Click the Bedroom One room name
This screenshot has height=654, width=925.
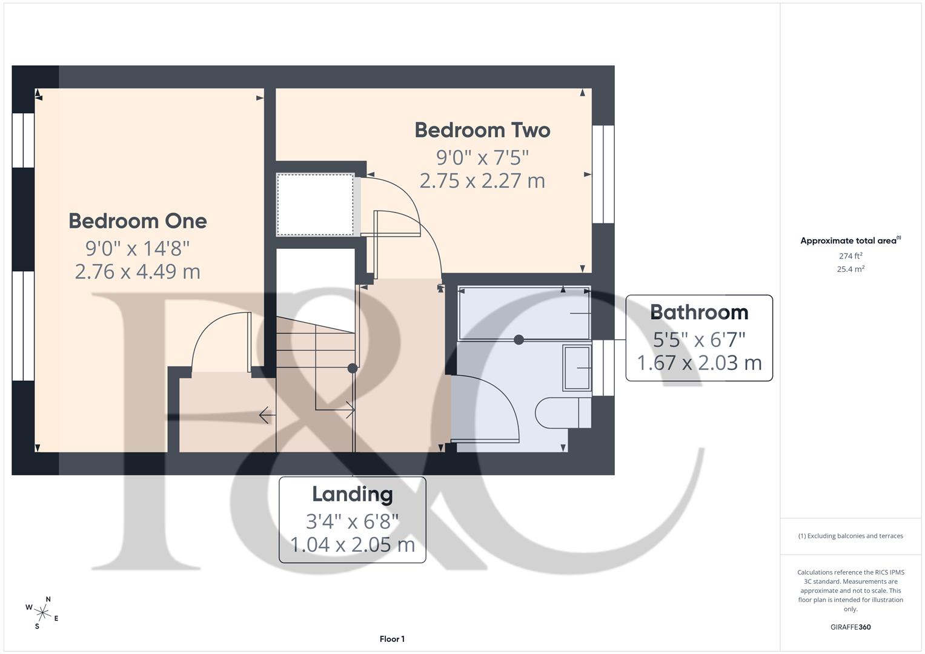point(138,221)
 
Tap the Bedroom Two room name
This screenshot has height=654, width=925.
point(482,130)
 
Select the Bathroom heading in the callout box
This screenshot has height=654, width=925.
point(699,312)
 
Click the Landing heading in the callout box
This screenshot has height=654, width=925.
point(352,494)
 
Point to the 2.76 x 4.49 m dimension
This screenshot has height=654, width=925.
point(138,271)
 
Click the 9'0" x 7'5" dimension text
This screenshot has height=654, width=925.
point(482,157)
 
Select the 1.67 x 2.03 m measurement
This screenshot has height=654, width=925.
point(699,363)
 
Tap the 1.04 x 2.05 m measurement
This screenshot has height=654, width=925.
point(352,544)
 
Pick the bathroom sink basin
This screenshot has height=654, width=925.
point(577,368)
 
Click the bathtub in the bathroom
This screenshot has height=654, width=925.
point(524,314)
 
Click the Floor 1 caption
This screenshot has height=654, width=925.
point(392,639)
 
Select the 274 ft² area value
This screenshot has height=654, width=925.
point(850,256)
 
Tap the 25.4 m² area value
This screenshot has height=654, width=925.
point(850,269)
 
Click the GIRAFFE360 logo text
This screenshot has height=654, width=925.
point(850,627)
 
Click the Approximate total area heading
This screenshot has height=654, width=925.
point(850,240)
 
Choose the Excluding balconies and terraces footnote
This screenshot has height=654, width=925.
point(850,536)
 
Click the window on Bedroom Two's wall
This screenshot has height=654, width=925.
point(603,174)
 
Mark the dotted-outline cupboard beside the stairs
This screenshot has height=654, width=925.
point(315,205)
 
